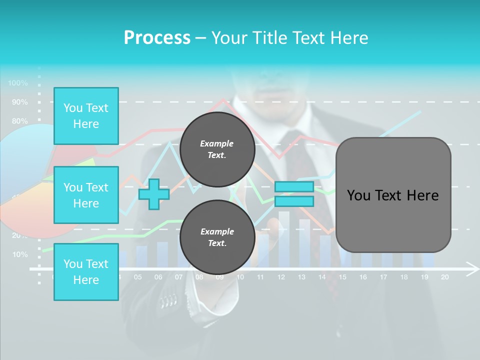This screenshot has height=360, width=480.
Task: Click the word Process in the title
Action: pos(157,37)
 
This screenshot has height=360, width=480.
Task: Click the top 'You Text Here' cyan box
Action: pos(86,116)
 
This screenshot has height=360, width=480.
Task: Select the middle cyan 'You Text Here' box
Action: pos(86,195)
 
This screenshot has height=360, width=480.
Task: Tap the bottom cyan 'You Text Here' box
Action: pos(86,271)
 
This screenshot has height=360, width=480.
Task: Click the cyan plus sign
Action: pos(153,194)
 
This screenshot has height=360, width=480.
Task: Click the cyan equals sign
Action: pos(294,194)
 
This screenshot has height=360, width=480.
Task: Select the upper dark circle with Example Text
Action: pos(217,149)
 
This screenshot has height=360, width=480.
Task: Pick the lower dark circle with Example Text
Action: pos(217,237)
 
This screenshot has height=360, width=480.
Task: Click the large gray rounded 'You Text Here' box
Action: pos(393,195)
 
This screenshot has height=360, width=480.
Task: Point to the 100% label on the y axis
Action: pos(18,83)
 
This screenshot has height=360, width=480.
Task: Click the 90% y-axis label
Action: pos(20,102)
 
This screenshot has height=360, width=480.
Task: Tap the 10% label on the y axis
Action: pos(20,254)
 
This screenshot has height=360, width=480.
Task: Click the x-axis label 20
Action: pos(444,277)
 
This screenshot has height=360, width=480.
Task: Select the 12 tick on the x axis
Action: pos(281,277)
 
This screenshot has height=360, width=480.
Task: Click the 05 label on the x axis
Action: pos(137,277)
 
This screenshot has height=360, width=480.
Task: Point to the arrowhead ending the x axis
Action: pos(472,269)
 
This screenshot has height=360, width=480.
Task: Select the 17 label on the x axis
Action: pos(383,277)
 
